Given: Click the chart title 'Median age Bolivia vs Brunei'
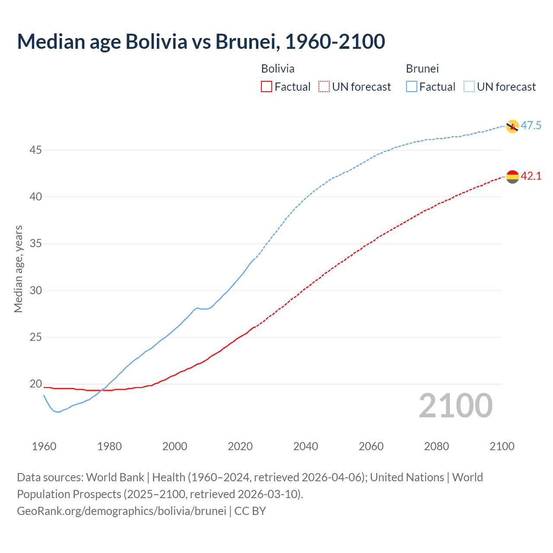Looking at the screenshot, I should click(x=201, y=41).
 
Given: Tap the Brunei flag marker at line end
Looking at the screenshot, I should click(x=512, y=126).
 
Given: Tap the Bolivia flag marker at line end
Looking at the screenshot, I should click(x=512, y=177).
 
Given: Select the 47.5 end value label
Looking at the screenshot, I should click(x=531, y=126).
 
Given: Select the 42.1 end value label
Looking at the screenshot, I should click(x=531, y=176).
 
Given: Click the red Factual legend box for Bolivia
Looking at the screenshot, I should click(x=267, y=87).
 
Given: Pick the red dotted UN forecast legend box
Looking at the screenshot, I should click(x=324, y=87).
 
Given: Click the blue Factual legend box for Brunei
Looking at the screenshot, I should click(x=411, y=87).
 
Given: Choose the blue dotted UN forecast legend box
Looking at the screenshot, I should click(x=469, y=87).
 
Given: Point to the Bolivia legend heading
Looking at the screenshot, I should click(x=278, y=69).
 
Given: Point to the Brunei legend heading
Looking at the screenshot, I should click(x=422, y=69).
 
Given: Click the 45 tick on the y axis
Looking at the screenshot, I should click(x=36, y=150).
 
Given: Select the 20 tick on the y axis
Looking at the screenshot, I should click(x=36, y=384).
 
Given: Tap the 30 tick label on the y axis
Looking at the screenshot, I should click(x=36, y=290).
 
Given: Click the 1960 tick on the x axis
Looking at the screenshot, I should click(x=44, y=446).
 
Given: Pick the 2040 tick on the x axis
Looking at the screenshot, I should click(x=305, y=446).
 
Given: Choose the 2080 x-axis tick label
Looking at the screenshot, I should click(x=436, y=446).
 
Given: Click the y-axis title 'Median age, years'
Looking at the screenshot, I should click(x=18, y=269).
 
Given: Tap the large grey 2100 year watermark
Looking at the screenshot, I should click(x=455, y=406).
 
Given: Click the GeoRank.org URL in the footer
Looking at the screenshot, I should click(x=121, y=511).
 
